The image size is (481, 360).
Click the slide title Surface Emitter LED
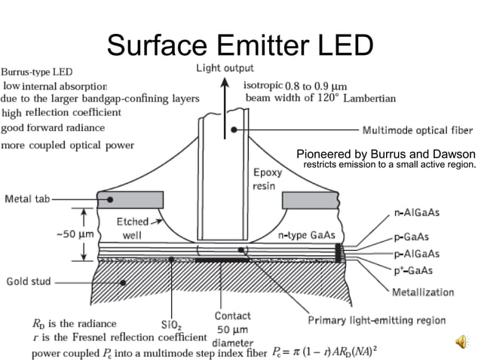pyautogui.click(x=240, y=44)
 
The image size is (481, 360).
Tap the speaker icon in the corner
pyautogui.click(x=461, y=343)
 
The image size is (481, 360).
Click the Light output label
pyautogui.click(x=225, y=68)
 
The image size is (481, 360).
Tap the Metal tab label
pyautogui.click(x=28, y=200)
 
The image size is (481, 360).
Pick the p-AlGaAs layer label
pyautogui.click(x=416, y=254)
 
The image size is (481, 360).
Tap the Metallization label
pyautogui.click(x=427, y=291)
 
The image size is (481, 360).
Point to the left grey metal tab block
pyautogui.click(x=130, y=200)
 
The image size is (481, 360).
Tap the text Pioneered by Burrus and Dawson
pyautogui.click(x=386, y=154)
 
